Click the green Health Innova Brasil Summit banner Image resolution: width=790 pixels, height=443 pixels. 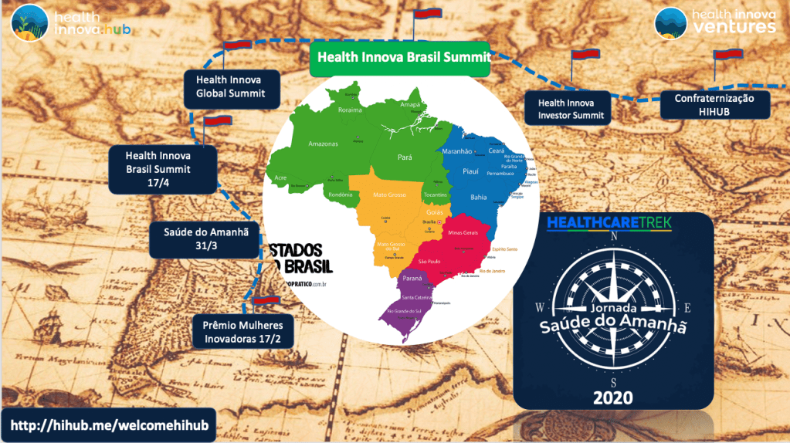coord(399,57)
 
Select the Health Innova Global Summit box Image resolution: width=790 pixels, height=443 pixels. coord(229,86)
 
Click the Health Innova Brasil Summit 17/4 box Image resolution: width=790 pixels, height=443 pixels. coord(163,168)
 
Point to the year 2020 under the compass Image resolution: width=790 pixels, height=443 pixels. coord(613,397)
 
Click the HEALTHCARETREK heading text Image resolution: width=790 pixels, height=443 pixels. coord(609,222)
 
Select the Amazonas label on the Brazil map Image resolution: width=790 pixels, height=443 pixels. coord(323,144)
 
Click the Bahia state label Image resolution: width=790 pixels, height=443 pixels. coord(479,197)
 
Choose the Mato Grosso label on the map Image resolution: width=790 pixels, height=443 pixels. coord(389,194)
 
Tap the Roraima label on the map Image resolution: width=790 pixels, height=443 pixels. coord(350,110)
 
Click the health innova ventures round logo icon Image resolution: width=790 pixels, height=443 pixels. coord(670,23)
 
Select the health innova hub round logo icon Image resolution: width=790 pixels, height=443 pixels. coord(27,23)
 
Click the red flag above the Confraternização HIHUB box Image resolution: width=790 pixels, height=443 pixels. coord(727,55)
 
